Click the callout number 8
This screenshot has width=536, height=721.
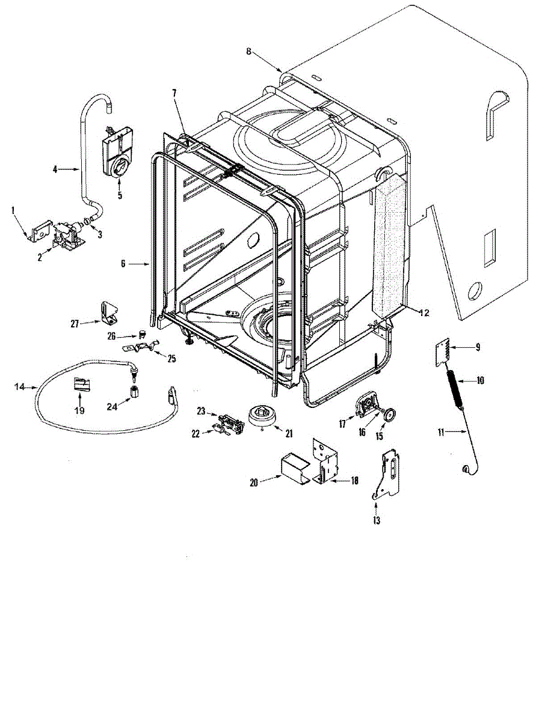pyautogui.click(x=248, y=51)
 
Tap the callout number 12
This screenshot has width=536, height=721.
pyautogui.click(x=424, y=312)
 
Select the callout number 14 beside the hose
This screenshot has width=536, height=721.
pyautogui.click(x=19, y=386)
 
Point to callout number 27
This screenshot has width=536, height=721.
pyautogui.click(x=75, y=324)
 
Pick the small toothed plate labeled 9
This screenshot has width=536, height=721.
pyautogui.click(x=444, y=351)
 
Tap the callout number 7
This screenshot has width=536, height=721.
pyautogui.click(x=174, y=93)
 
